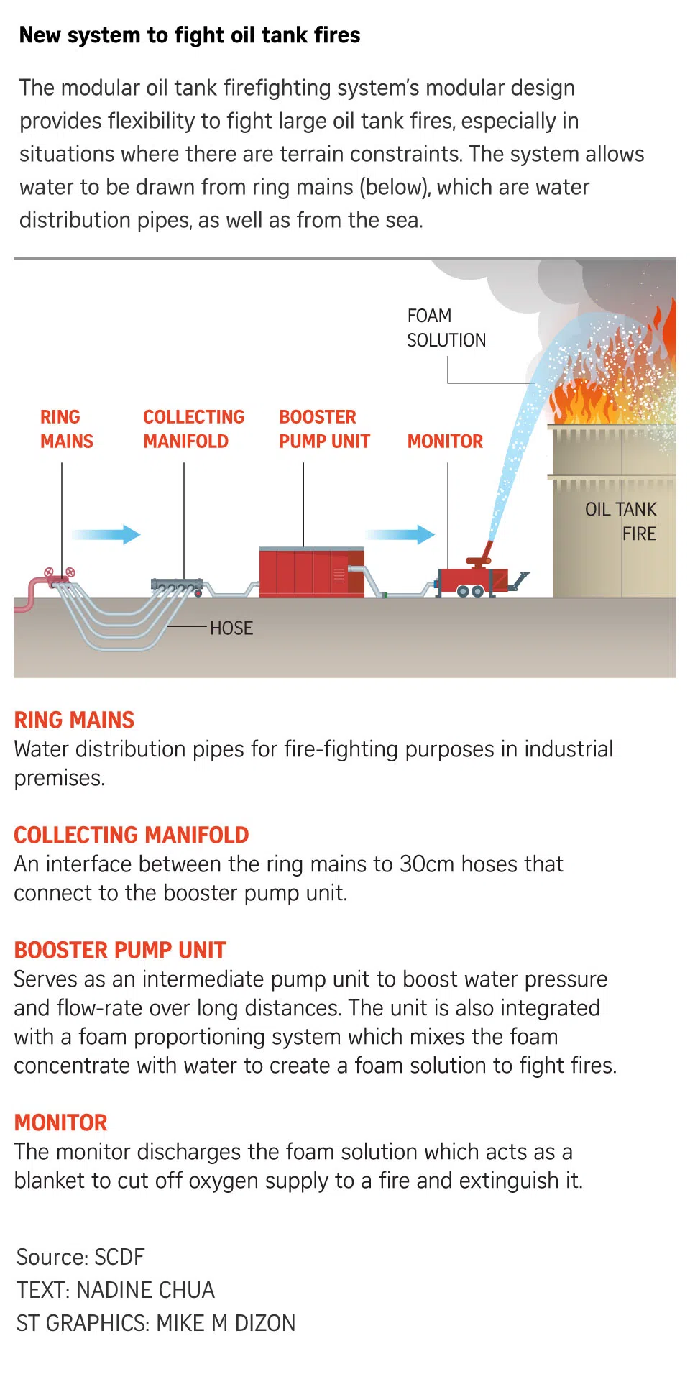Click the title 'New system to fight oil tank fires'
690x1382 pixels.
coord(190,35)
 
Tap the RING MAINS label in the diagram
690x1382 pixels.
coord(66,429)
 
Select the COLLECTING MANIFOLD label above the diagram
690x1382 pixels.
coord(193,429)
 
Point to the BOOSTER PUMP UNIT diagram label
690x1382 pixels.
coord(324,429)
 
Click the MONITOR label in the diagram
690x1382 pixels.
coord(445,441)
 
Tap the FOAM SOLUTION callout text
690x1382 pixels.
coord(446,328)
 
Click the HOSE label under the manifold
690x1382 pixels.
coord(231,628)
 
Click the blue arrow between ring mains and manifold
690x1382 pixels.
coord(106,534)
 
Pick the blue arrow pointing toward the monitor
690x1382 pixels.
coord(400,534)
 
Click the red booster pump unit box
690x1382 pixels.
coord(310,572)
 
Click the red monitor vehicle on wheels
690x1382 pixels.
coord(471,580)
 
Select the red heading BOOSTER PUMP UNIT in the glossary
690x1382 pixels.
coord(120,950)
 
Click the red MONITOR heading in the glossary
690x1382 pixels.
coord(60,1122)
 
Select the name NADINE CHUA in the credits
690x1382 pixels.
coord(145,1290)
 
